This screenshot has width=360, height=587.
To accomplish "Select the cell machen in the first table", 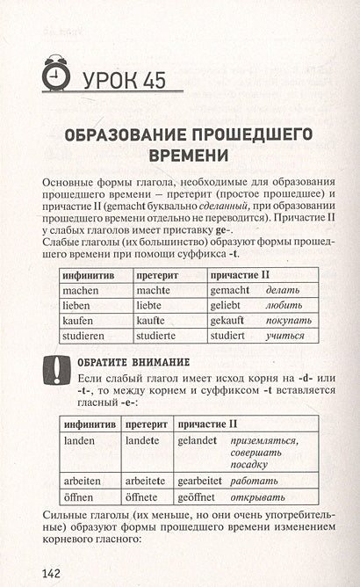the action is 79,288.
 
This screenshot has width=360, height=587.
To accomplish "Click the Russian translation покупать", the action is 288,320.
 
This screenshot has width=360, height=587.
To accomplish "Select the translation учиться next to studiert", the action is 284,336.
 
